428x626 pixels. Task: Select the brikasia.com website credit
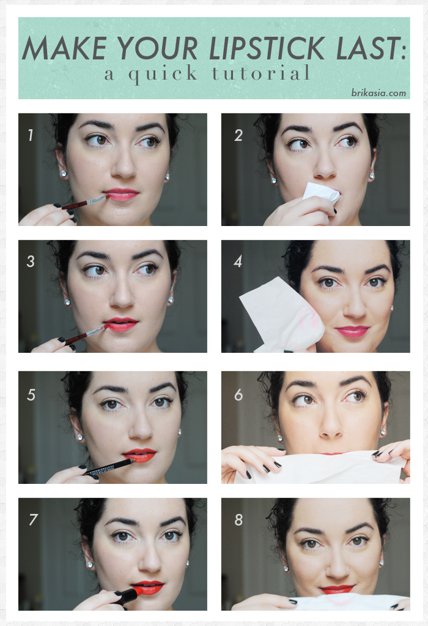point(378,93)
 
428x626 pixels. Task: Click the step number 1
point(31,135)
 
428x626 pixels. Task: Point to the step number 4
point(238,262)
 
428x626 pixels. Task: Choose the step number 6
point(238,395)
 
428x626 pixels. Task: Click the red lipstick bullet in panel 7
point(130,594)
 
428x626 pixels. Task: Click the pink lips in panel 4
point(352,331)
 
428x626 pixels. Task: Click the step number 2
point(238,135)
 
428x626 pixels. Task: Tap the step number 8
point(238,520)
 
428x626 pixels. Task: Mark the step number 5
point(31,395)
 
